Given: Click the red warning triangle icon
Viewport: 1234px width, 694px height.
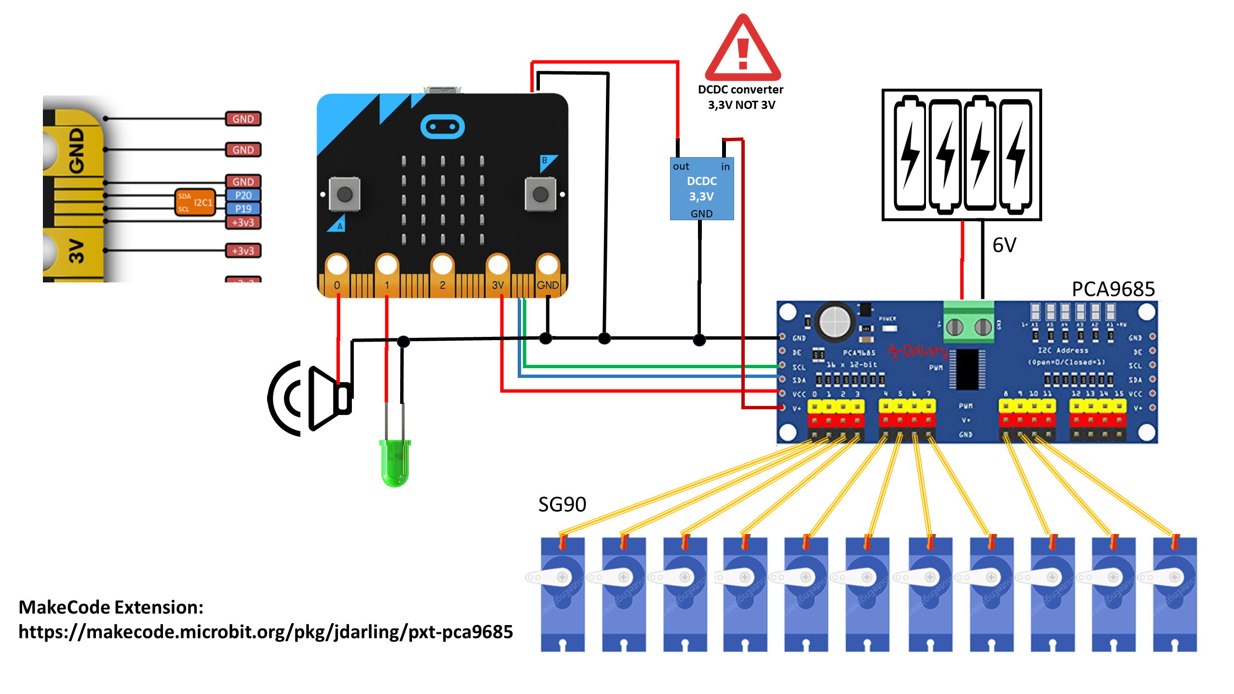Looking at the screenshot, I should tap(743, 51).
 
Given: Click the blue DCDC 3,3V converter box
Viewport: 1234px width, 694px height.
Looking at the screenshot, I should tap(702, 189).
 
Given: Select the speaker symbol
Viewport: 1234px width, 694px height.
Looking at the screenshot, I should tap(311, 399).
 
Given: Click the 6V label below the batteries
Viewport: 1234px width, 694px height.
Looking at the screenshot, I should tap(1004, 245).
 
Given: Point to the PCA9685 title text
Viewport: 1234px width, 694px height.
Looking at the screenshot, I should tap(1113, 289).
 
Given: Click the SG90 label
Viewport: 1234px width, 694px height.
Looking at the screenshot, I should tap(562, 505).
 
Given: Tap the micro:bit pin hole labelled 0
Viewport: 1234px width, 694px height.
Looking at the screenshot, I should tap(337, 265).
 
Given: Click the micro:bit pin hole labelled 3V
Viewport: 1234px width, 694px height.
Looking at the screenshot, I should tap(497, 265).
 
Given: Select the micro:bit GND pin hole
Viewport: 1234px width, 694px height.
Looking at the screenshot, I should tap(548, 265).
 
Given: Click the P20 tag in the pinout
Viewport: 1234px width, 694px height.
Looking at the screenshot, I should tap(243, 195).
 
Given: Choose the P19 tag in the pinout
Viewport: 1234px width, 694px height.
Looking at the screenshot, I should tap(243, 209).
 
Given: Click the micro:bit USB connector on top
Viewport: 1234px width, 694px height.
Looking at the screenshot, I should tap(442, 90).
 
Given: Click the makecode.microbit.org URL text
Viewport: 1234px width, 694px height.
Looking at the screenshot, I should tap(266, 632).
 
